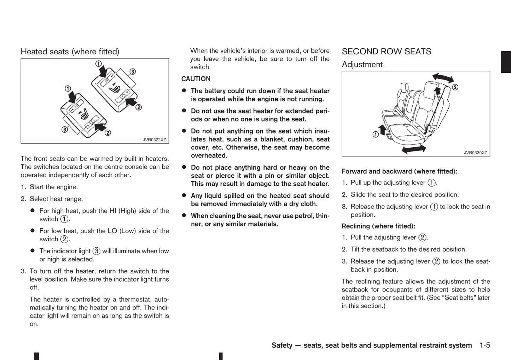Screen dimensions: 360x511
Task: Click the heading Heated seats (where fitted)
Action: (70, 52)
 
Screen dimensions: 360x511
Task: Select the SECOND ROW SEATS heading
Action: (386, 52)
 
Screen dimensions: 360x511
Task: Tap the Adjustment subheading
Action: (362, 65)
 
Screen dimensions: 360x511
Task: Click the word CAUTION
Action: (196, 79)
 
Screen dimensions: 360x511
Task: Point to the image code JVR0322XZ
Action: (154, 140)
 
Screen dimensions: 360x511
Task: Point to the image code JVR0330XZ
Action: (475, 153)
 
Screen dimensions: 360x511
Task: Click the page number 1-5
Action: (485, 345)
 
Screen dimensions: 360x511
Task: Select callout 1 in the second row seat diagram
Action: (376, 134)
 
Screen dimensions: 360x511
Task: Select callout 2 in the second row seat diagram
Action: (455, 87)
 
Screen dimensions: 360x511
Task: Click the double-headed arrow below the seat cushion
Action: (414, 149)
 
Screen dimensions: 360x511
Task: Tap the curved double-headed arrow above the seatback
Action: (443, 77)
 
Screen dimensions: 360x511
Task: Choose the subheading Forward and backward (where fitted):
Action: (399, 171)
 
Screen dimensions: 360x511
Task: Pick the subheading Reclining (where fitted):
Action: (378, 226)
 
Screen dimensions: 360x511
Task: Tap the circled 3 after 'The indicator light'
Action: (96, 251)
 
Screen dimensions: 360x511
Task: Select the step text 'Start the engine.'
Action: (54, 187)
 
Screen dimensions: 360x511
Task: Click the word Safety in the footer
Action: (282, 345)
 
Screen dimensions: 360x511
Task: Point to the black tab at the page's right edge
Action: (506, 62)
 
